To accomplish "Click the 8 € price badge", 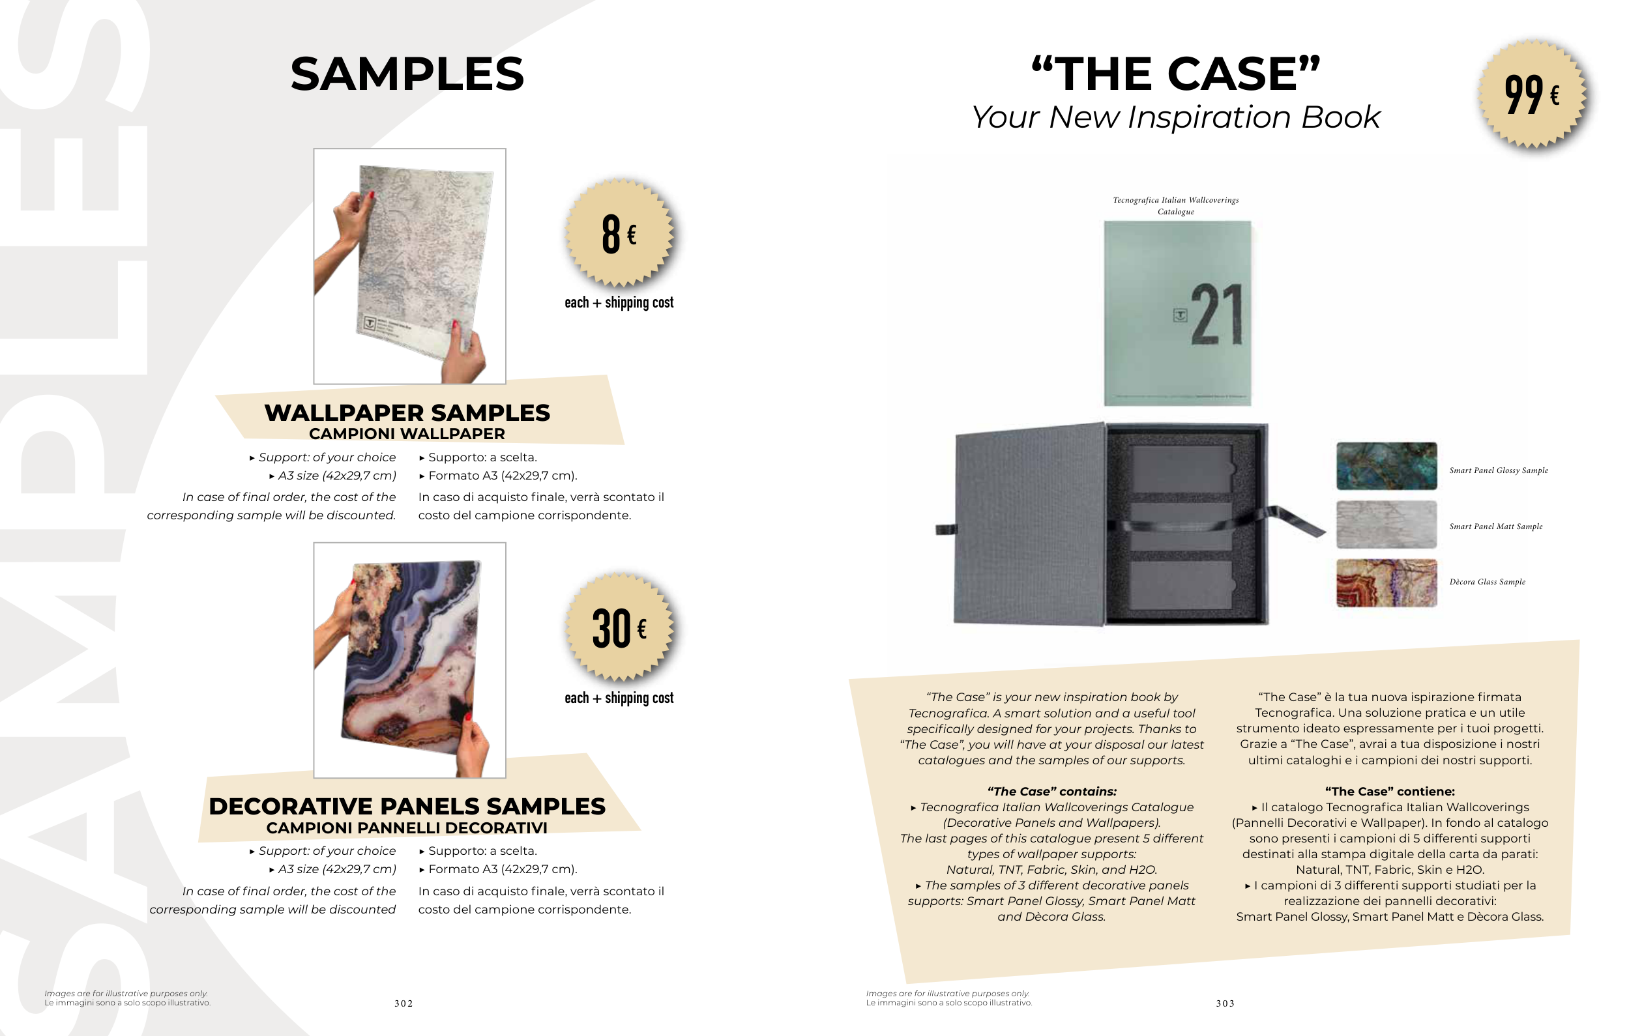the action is click(x=620, y=233).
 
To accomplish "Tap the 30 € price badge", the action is click(x=620, y=627).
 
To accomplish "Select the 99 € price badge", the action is click(x=1534, y=94).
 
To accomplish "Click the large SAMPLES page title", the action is click(x=407, y=74).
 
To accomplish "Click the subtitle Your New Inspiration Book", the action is click(x=1176, y=117).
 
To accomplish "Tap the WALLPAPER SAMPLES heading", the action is click(x=407, y=412).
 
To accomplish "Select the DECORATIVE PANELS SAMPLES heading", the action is click(x=407, y=806).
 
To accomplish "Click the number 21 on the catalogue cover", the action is click(x=1216, y=315).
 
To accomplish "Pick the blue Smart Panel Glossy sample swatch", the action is click(x=1386, y=466).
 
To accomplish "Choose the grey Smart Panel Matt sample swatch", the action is click(x=1386, y=524).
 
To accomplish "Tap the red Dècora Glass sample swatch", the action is click(x=1386, y=583).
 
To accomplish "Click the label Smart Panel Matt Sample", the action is click(x=1496, y=526).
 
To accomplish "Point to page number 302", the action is click(x=404, y=1003).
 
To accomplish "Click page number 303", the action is click(x=1225, y=1003).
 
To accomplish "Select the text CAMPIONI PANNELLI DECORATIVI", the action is click(x=407, y=827).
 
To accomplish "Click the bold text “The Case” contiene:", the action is click(x=1390, y=791).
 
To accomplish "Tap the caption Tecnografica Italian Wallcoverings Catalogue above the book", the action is click(x=1176, y=206).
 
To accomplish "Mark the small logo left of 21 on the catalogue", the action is click(x=1180, y=315).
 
